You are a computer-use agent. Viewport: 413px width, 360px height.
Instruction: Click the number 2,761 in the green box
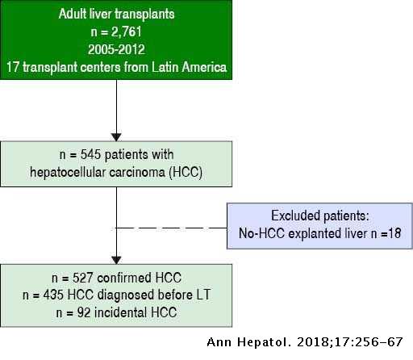[x=126, y=31]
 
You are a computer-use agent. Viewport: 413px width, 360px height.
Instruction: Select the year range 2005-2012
[x=116, y=49]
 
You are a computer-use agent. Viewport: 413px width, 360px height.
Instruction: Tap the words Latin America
[x=190, y=67]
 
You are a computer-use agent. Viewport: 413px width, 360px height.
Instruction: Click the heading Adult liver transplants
[x=116, y=14]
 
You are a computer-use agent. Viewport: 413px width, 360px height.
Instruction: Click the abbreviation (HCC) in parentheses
[x=186, y=172]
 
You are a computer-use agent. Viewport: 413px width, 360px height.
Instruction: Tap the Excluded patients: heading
[x=320, y=216]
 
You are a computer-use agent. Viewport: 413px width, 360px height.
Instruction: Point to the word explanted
[x=314, y=233]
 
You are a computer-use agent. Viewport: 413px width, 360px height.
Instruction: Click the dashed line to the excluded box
[x=171, y=228]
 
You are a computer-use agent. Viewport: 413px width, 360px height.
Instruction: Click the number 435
[x=53, y=295]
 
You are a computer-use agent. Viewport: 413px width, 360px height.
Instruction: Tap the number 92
[x=84, y=312]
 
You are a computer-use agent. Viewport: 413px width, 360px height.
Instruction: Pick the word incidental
[x=120, y=312]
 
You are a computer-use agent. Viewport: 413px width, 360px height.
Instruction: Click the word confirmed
[x=124, y=278]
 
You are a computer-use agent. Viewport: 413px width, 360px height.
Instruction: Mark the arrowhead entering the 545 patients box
[x=116, y=137]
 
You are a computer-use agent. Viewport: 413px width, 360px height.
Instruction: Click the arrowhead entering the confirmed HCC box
[x=116, y=260]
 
